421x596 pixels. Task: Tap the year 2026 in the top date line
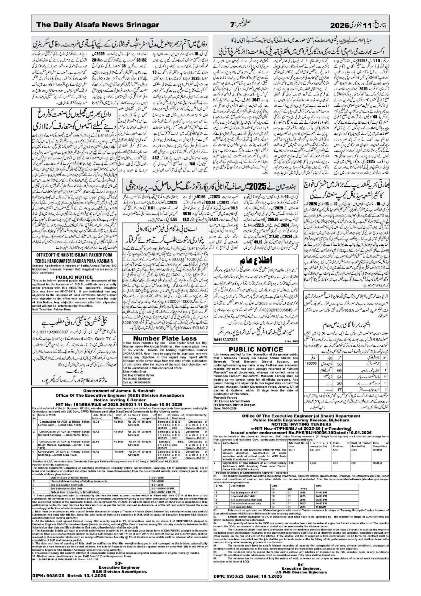340,25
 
